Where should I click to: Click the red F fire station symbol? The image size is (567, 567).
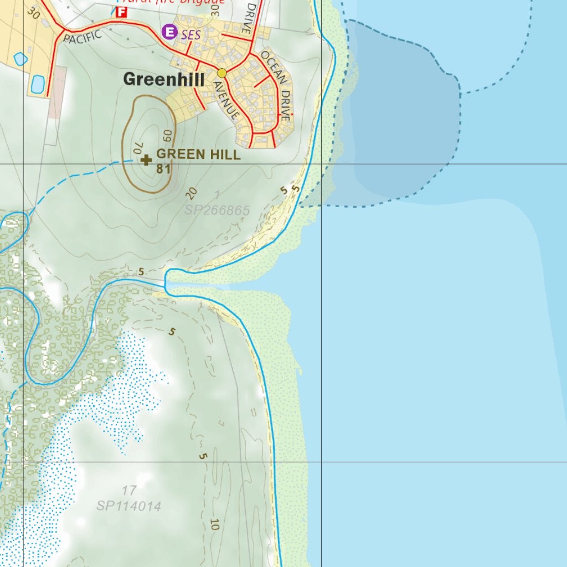[x=121, y=12]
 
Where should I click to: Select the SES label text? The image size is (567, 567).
[x=190, y=35]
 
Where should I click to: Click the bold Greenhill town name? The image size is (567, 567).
[x=163, y=80]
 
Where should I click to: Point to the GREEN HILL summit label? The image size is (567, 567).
[x=199, y=155]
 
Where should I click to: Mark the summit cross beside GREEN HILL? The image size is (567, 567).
[x=146, y=161]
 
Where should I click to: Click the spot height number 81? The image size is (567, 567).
[x=163, y=169]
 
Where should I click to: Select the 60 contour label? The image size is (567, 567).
[x=168, y=135]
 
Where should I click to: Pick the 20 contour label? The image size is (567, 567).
[x=192, y=193]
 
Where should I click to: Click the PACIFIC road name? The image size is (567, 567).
[x=83, y=37]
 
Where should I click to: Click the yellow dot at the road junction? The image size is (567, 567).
[x=222, y=73]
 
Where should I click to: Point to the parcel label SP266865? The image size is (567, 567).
[x=217, y=210]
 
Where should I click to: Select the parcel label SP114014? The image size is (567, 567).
[x=128, y=506]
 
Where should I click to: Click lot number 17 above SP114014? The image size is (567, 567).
[x=129, y=491]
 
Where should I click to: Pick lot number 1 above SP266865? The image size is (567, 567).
[x=217, y=194]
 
